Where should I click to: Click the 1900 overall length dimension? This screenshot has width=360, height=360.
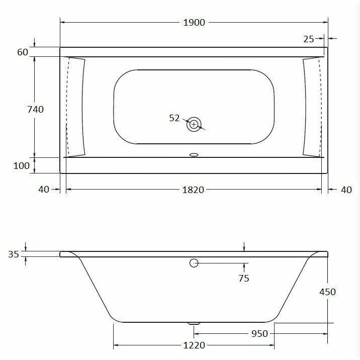pos(194,23)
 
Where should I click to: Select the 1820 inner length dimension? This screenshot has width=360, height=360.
pos(194,190)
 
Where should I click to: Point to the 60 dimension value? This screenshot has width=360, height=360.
pos(22,52)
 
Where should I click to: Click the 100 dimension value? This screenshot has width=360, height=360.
pos(22,165)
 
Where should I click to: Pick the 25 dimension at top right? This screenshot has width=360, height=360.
pos(309,39)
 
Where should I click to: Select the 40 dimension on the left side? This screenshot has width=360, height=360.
pos(43,190)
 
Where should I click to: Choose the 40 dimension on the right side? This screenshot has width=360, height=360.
pos(346,190)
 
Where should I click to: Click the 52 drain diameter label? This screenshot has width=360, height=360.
pos(174,118)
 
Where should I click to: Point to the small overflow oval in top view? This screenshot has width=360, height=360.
pos(194,155)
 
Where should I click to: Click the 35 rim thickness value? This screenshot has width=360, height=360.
pos(14,254)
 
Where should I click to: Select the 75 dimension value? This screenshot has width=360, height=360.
pos(244,278)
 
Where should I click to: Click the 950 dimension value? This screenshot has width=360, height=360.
pos(259,333)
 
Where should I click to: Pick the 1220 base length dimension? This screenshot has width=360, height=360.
pos(194,345)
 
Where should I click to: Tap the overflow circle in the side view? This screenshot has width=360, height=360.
pos(194,262)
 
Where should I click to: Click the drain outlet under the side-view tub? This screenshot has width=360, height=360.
pos(194,324)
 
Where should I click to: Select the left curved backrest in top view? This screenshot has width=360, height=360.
pos(77,107)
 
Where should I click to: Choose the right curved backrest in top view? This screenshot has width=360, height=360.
pos(311,107)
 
